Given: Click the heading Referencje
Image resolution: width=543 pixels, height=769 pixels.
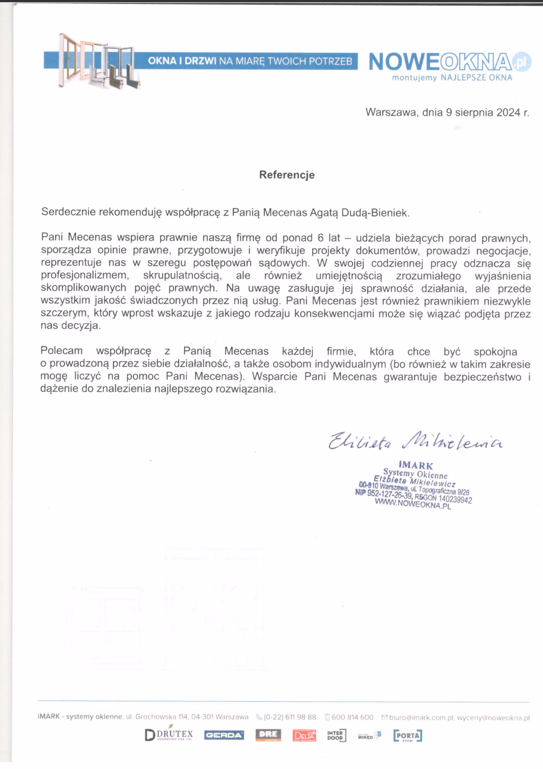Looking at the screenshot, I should tap(287, 175).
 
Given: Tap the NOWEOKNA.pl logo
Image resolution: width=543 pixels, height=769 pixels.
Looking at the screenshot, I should tap(449, 62).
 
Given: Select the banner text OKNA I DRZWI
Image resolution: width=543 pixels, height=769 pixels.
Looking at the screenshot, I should tap(182, 61).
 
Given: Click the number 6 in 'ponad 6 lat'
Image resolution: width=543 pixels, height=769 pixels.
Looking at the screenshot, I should tap(320, 238).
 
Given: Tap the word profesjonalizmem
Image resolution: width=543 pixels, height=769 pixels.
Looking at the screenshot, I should tap(85, 276).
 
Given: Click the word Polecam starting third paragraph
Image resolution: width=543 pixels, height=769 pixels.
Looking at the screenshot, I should tap(61, 351).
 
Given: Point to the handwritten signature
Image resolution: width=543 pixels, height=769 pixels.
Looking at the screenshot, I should tap(415, 441).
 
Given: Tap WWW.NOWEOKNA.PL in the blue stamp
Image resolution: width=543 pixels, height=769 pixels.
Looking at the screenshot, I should tap(413, 504).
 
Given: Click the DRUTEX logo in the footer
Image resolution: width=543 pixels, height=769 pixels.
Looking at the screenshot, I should tap(169, 735).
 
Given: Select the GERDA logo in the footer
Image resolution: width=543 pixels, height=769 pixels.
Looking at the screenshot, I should tap(224, 735).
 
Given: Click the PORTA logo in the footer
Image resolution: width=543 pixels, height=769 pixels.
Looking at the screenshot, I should tap(407, 735).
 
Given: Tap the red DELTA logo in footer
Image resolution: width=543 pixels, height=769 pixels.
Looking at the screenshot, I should tap(304, 735).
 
